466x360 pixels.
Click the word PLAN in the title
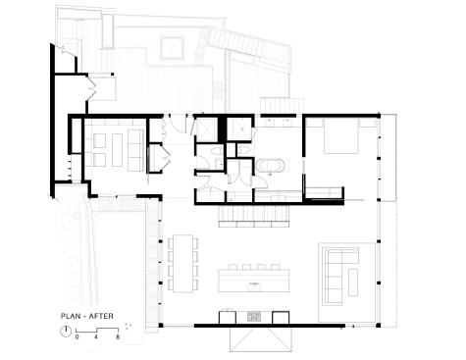click(69, 316)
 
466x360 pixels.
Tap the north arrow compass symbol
click(66, 332)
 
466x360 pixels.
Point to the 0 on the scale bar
click(77, 336)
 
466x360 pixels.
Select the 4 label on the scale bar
click(96, 336)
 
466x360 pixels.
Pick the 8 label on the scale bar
click(118, 336)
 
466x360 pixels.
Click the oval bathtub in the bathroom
click(270, 166)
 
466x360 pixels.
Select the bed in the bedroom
click(340, 135)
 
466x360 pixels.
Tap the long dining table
click(183, 263)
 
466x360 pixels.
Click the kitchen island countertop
click(254, 281)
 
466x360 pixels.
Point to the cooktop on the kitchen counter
click(254, 317)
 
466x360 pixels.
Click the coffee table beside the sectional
click(353, 283)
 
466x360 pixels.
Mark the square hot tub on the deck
click(172, 48)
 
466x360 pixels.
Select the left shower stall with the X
click(207, 129)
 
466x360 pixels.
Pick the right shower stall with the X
click(239, 129)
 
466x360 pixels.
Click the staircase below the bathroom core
click(254, 216)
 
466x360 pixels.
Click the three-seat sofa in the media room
click(135, 150)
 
